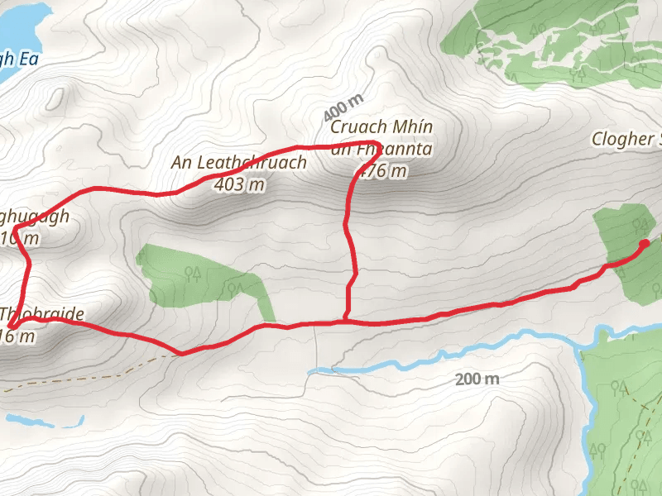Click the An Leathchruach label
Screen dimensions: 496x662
click(x=238, y=162)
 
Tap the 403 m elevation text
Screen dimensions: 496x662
click(x=238, y=184)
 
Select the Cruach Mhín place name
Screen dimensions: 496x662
click(x=381, y=127)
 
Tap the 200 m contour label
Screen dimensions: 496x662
click(x=477, y=379)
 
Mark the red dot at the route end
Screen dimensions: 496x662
click(x=644, y=243)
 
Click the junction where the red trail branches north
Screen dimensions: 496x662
click(x=345, y=318)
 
